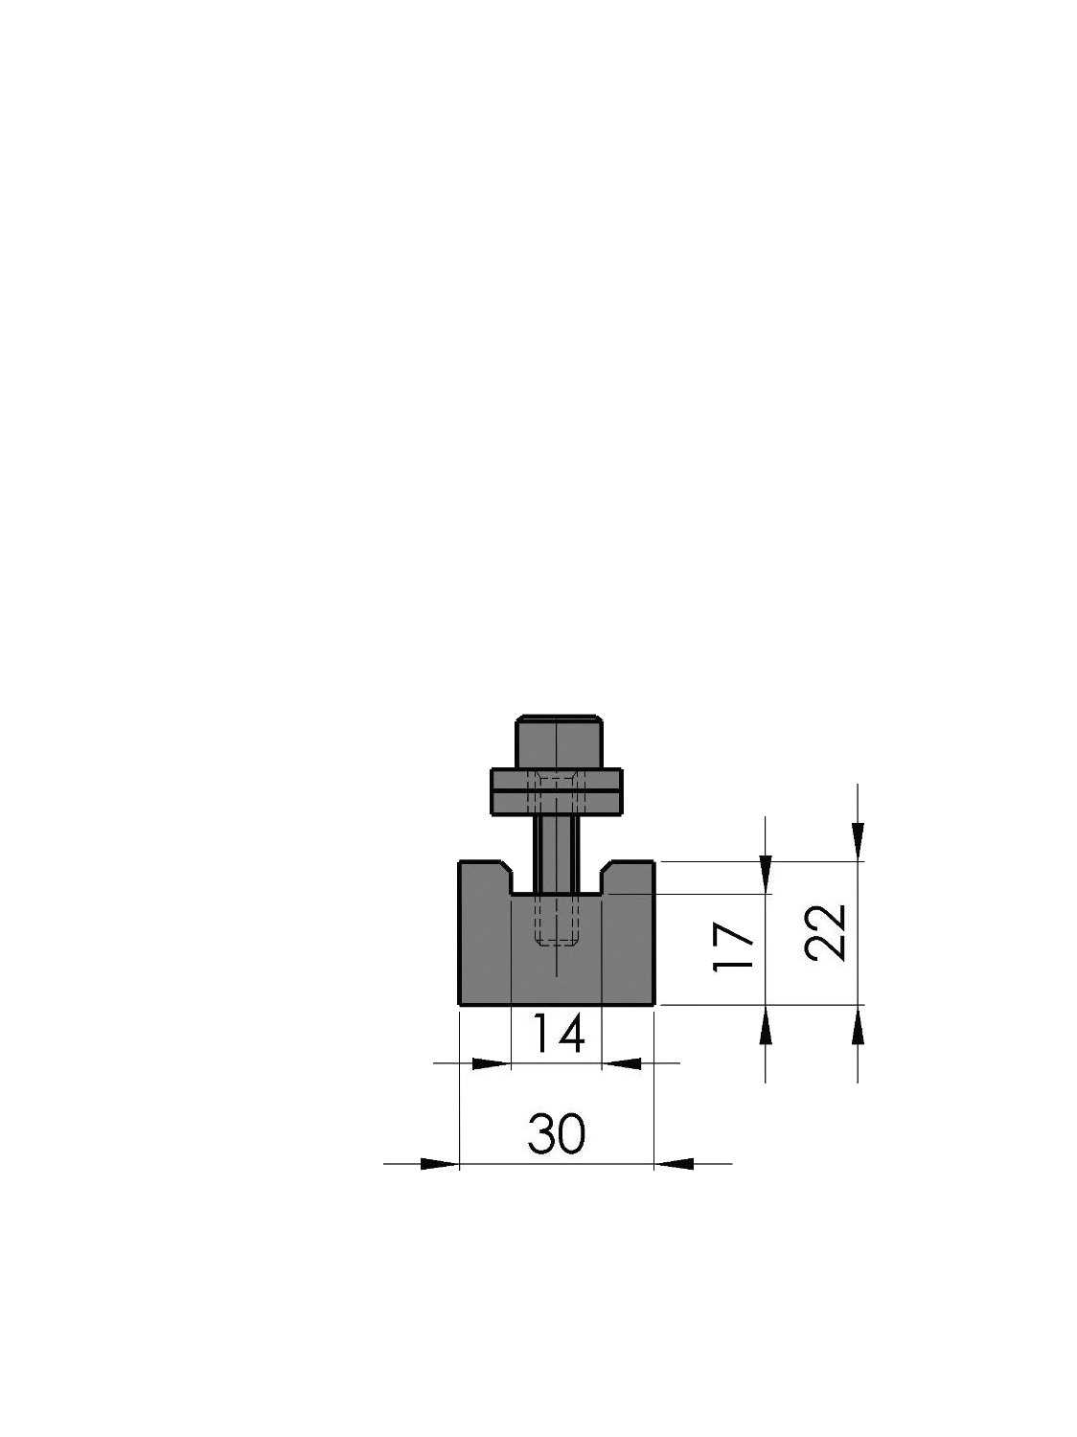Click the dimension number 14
[x=557, y=1035]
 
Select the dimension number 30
[x=556, y=1135]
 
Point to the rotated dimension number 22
[x=826, y=932]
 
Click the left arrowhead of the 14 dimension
[x=493, y=1062]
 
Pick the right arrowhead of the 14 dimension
[x=621, y=1062]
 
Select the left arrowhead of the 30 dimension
[x=440, y=1164]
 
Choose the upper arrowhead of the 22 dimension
[x=858, y=841]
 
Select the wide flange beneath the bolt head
[x=557, y=791]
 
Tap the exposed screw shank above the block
[x=557, y=853]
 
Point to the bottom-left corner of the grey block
[x=461, y=1004]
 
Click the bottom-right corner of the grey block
[x=654, y=1004]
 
